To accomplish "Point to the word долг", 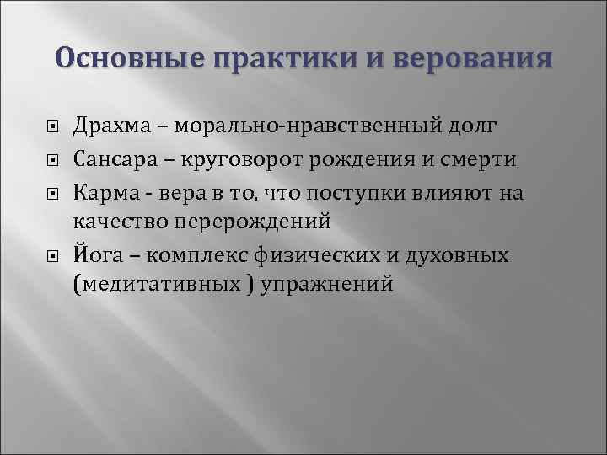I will [475, 126].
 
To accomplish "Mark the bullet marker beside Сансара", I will [52, 160].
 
